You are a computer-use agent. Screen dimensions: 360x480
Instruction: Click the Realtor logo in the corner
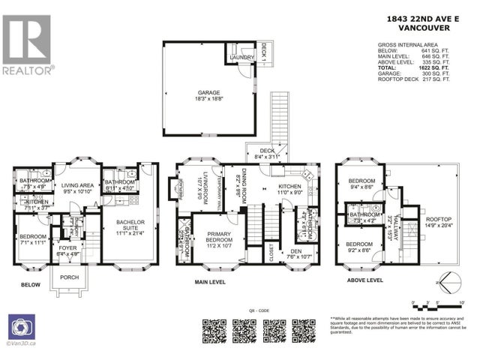click(29, 44)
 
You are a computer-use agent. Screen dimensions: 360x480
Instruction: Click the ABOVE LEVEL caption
click(364, 280)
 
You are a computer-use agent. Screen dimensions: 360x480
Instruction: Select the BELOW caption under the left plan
click(31, 285)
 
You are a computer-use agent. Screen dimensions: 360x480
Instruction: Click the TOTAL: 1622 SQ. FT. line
click(415, 67)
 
